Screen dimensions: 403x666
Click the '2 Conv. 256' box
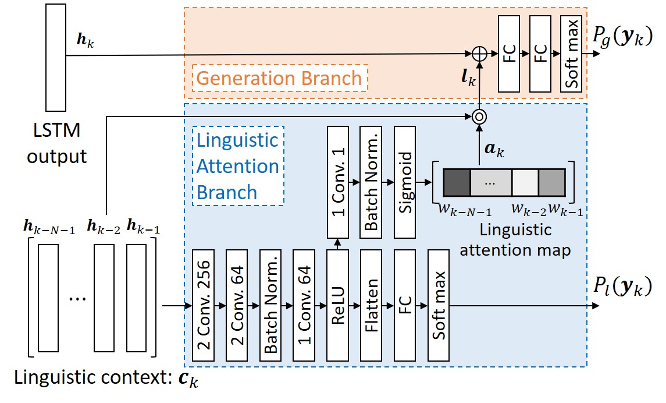203,304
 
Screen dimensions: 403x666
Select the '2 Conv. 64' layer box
237,304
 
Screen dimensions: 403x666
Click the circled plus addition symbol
479,53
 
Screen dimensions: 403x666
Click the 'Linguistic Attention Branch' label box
237,166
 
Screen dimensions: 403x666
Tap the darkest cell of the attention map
457,182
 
